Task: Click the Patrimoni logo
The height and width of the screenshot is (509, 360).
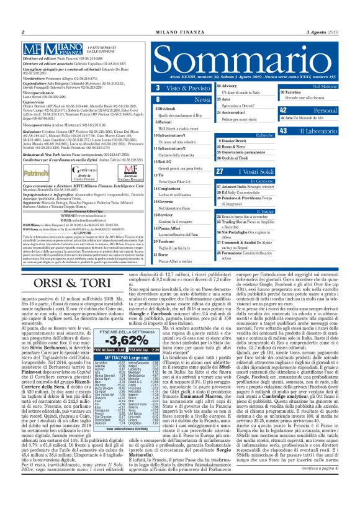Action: (x=35, y=169)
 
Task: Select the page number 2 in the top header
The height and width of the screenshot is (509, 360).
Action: (x=23, y=32)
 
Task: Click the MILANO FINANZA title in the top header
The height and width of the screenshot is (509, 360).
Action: (x=179, y=32)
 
